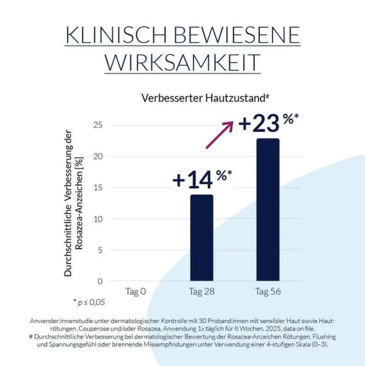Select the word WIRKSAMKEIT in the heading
point(182,62)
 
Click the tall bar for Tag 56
point(268,209)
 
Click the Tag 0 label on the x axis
point(135,291)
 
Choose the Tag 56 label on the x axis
point(268,291)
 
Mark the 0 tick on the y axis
point(100,281)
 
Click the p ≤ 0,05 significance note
point(89,302)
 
